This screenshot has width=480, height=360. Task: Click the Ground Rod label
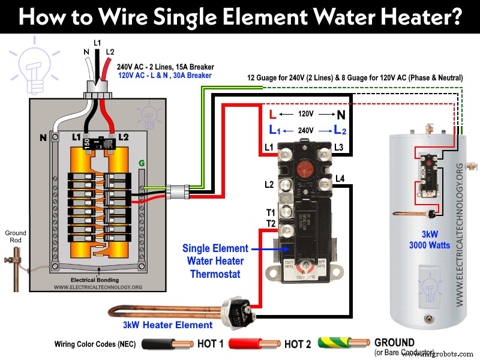pos(15,236)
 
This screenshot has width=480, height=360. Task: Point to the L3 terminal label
pos(339,147)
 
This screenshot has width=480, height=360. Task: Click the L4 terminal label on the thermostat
pos(340,178)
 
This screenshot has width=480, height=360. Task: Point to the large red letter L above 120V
pos(273,114)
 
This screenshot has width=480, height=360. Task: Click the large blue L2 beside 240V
pos(339,129)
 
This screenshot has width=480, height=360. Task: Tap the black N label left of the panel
pos(43,137)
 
